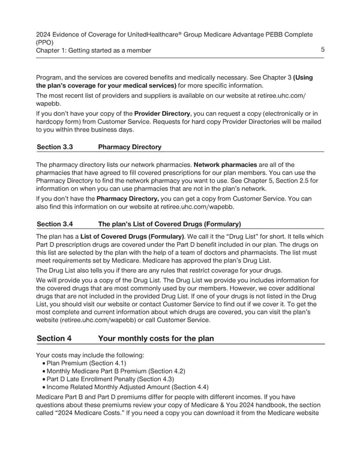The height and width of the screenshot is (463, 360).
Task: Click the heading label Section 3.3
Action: pyautogui.click(x=55, y=147)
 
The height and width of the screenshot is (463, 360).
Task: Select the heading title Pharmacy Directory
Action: pyautogui.click(x=130, y=147)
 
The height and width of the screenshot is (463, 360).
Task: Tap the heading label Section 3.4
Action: pyautogui.click(x=55, y=225)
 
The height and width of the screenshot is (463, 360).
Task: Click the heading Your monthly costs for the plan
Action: pyautogui.click(x=155, y=338)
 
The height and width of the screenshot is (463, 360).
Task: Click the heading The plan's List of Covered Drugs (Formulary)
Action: pyautogui.click(x=169, y=225)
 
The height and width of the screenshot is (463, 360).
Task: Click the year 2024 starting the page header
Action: pyautogui.click(x=44, y=34)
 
